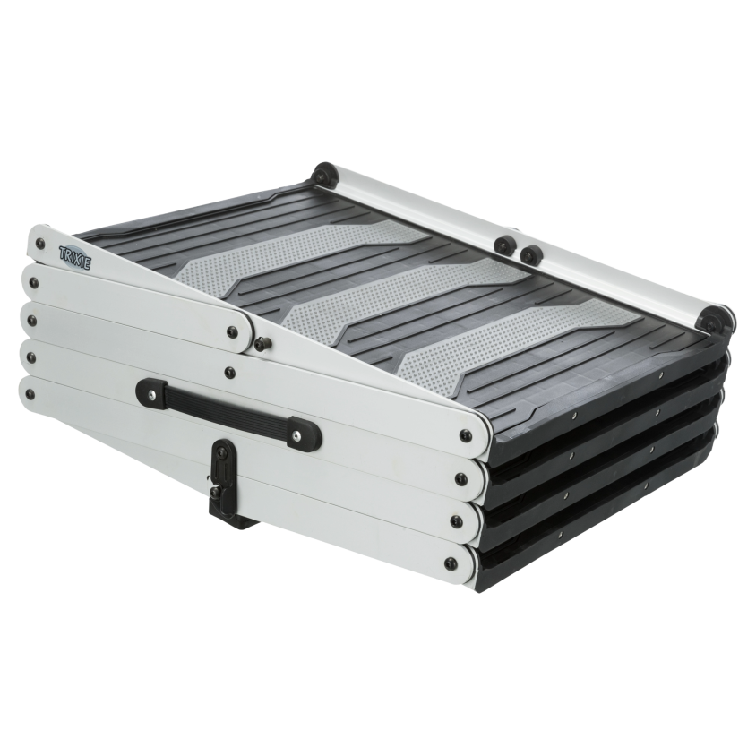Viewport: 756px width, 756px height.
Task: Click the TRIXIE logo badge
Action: (x=74, y=254)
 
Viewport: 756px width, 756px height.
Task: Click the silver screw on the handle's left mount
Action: (x=152, y=395)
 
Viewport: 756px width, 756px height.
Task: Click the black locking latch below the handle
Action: (x=223, y=483)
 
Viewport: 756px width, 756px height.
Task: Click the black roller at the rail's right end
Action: (x=717, y=319)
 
